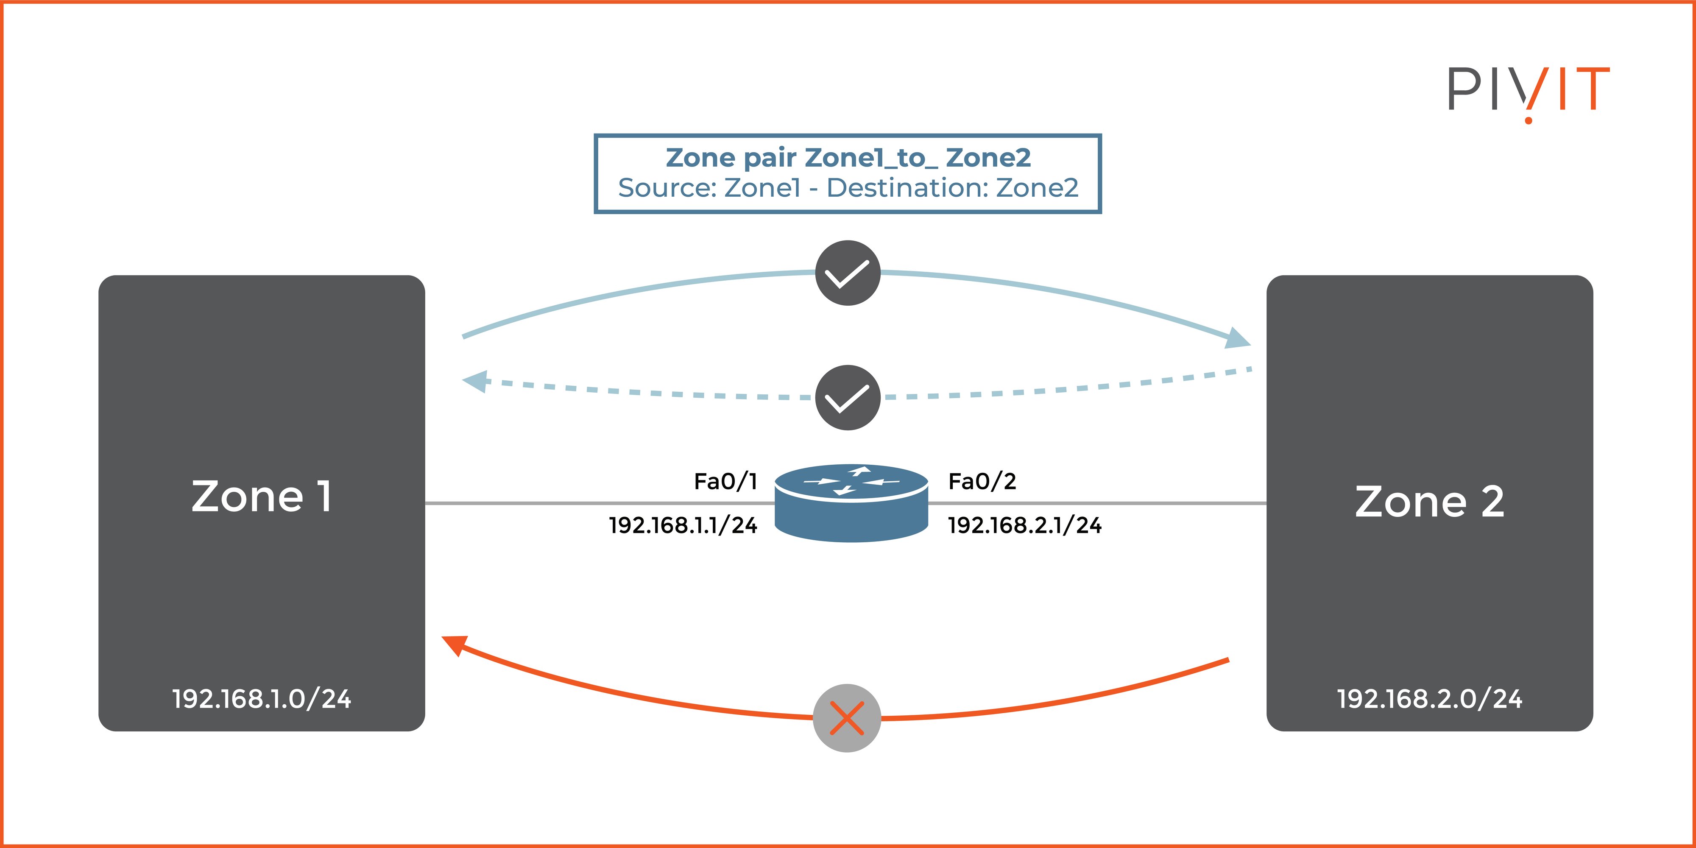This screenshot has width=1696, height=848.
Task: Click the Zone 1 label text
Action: tap(261, 497)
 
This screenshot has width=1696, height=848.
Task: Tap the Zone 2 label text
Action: tap(1429, 502)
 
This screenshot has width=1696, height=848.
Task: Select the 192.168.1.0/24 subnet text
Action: tap(261, 699)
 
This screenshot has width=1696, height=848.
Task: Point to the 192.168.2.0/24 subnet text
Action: tap(1429, 699)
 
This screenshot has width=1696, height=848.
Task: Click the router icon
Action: tap(851, 504)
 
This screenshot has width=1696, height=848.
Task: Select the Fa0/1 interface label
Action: tap(725, 481)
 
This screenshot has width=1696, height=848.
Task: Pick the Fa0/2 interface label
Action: tap(982, 481)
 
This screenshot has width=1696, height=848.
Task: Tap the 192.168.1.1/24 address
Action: tap(683, 525)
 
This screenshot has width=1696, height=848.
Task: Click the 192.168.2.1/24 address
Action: tap(1024, 525)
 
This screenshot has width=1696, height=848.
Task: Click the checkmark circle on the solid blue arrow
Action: tap(847, 273)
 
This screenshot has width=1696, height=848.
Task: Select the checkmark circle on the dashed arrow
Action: tap(847, 398)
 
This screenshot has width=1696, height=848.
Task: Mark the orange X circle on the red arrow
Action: tap(847, 718)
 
